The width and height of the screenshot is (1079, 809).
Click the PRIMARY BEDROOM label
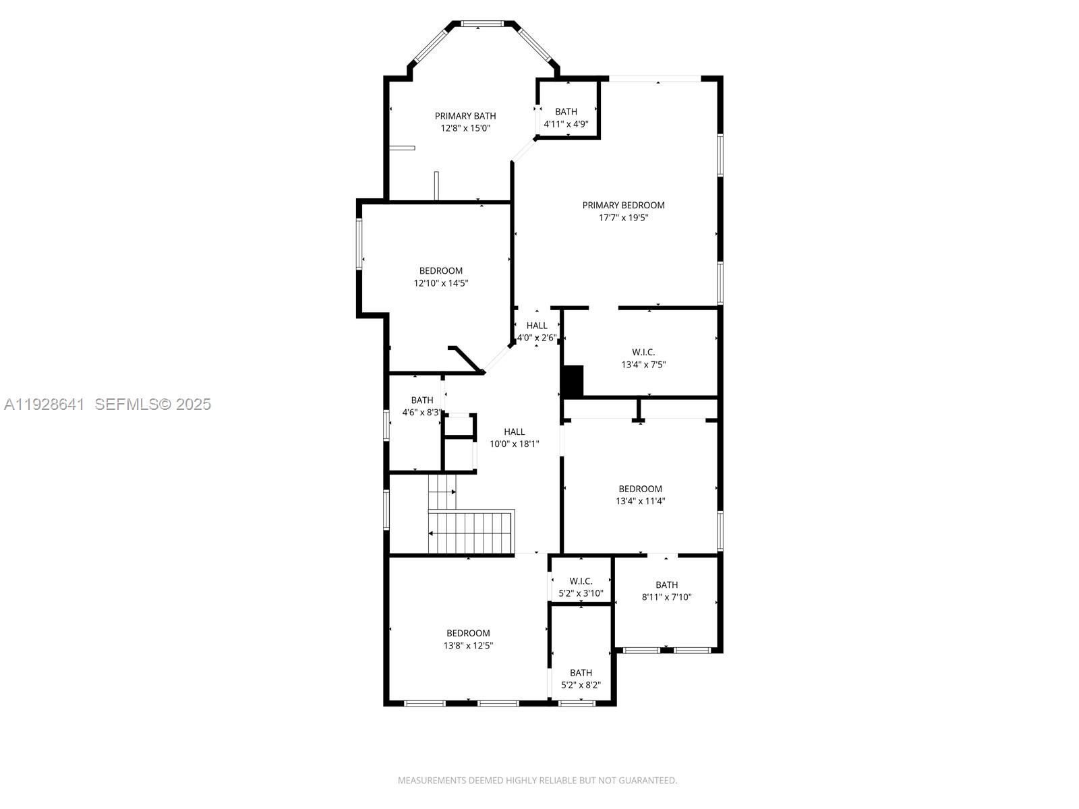(x=623, y=205)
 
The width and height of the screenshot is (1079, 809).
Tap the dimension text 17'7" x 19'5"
(x=623, y=218)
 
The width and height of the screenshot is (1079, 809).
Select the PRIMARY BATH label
(x=465, y=116)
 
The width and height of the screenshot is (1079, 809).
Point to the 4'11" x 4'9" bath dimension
(x=566, y=124)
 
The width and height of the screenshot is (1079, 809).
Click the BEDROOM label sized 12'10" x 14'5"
(x=441, y=271)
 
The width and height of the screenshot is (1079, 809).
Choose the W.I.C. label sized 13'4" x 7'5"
(x=643, y=352)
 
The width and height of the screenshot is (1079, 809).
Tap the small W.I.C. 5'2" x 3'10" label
(x=581, y=581)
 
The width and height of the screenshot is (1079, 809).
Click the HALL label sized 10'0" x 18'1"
(x=514, y=432)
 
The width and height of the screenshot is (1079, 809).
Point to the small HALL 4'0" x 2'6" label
(x=537, y=326)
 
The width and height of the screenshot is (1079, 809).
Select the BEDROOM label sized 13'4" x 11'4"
(x=640, y=489)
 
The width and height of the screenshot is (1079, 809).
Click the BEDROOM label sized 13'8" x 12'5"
(x=468, y=633)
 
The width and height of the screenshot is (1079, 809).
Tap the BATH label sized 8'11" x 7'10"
(x=666, y=585)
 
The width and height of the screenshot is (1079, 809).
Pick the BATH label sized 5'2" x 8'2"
(x=581, y=673)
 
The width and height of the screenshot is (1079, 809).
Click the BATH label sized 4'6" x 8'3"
(x=422, y=400)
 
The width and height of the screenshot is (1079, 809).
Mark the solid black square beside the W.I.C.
(x=573, y=382)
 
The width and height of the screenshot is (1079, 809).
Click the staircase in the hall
(x=472, y=532)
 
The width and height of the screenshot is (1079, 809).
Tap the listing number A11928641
(x=45, y=404)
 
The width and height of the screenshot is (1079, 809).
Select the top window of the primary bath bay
(x=482, y=24)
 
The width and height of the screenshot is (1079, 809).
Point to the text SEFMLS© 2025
(x=153, y=404)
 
